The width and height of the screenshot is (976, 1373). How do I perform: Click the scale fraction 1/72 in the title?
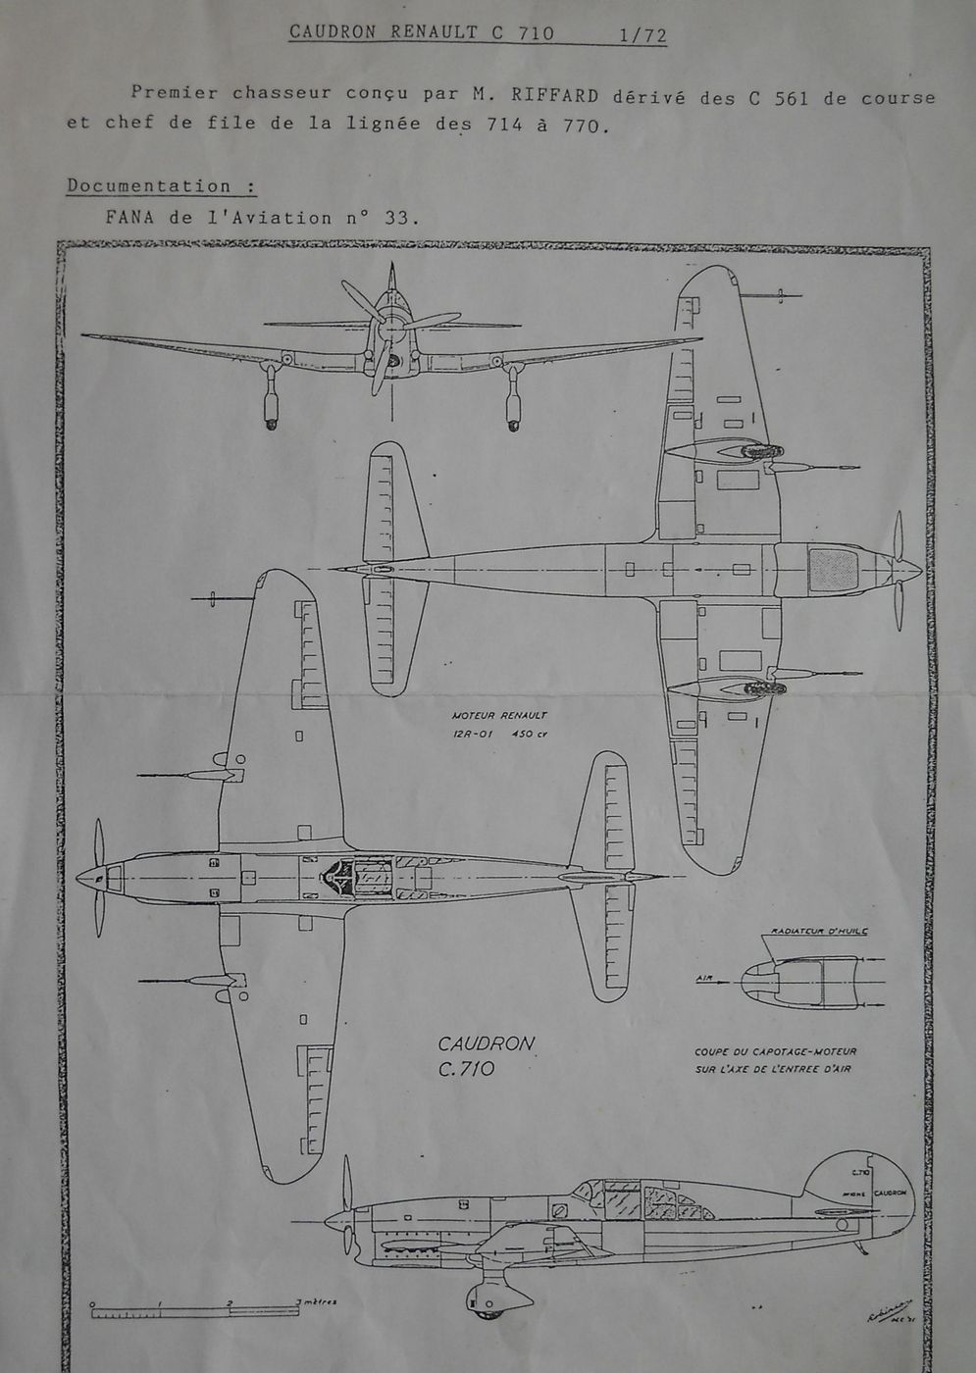pos(642,34)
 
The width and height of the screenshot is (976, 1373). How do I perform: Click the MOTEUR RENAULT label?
pos(500,715)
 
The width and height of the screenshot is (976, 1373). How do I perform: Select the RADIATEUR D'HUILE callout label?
pos(820,931)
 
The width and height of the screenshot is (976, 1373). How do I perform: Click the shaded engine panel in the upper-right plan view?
pos(833,569)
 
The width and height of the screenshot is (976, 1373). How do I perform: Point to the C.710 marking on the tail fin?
pos(861,1173)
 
